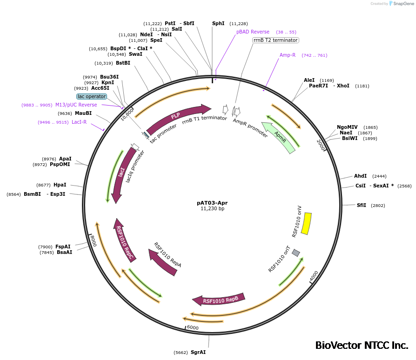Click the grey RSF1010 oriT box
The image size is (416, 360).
[296, 253]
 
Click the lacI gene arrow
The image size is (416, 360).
[120, 174]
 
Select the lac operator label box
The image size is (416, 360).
[92, 96]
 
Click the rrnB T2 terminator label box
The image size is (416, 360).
[275, 40]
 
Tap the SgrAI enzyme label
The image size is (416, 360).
[198, 353]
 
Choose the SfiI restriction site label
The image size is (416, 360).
[361, 205]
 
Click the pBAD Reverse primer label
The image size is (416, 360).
[253, 32]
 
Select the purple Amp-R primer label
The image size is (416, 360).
[288, 55]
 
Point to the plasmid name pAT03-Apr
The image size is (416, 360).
[212, 203]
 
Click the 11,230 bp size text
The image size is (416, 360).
[212, 209]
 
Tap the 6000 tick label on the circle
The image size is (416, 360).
[192, 328]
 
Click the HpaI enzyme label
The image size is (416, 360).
[60, 185]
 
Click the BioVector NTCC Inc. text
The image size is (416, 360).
[362, 346]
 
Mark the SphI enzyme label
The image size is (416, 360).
[218, 23]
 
